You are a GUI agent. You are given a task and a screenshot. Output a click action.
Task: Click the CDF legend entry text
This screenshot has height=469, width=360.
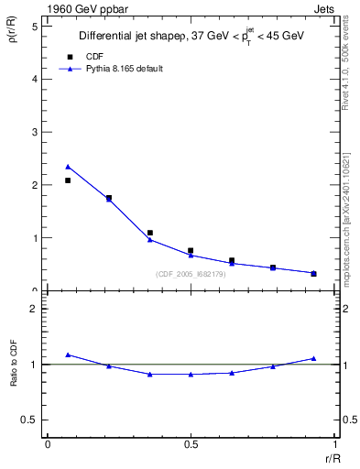pyautogui.click(x=93, y=57)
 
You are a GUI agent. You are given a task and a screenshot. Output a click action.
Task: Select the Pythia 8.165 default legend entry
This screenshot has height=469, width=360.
pyautogui.click(x=124, y=69)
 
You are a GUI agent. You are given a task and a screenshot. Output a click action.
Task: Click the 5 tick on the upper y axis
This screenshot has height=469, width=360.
pyautogui.click(x=34, y=27)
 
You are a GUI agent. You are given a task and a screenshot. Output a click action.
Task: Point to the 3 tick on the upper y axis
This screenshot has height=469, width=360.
pyautogui.click(x=34, y=132)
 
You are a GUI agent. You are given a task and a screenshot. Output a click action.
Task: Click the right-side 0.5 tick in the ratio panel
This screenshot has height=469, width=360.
pyautogui.click(x=345, y=420)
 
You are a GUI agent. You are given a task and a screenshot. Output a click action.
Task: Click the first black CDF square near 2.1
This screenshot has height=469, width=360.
pyautogui.click(x=68, y=180)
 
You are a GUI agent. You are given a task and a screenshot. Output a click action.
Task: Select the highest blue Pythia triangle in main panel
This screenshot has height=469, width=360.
pyautogui.click(x=68, y=167)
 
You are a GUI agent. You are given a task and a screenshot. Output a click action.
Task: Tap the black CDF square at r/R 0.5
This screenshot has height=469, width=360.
pyautogui.click(x=191, y=250)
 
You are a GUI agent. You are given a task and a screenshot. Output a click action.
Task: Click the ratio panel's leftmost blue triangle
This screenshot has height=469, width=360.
pyautogui.click(x=68, y=354)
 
